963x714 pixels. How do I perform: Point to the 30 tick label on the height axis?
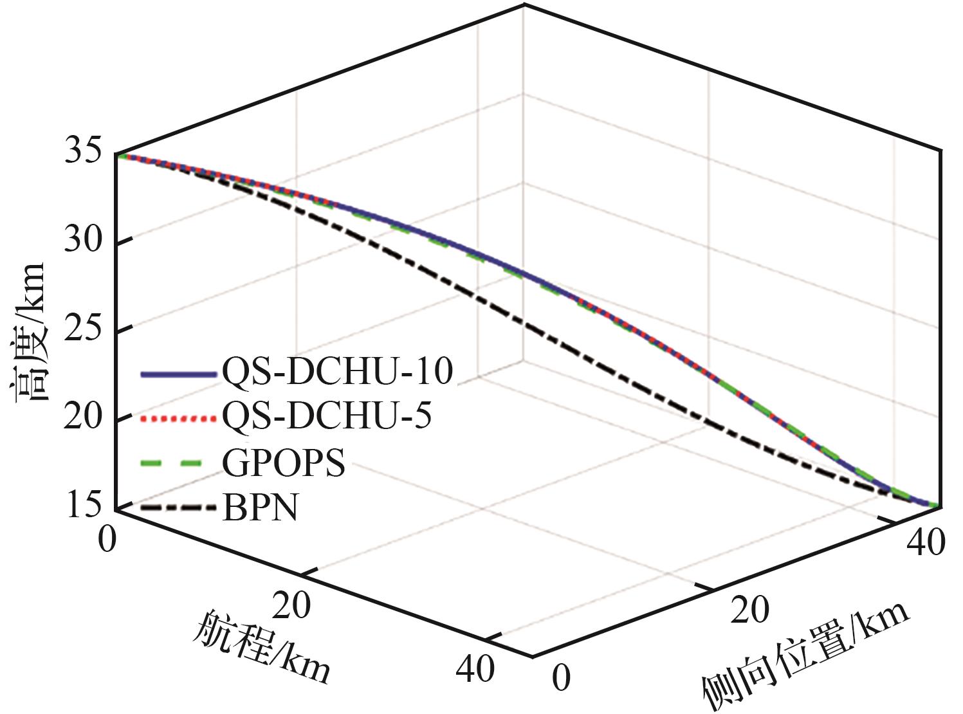pyautogui.click(x=84, y=243)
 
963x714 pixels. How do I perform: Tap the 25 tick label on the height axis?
pyautogui.click(x=84, y=330)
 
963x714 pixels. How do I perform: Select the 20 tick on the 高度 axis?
pyautogui.click(x=84, y=417)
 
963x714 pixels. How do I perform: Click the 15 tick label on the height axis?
pyautogui.click(x=84, y=505)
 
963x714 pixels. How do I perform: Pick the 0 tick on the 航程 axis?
pyautogui.click(x=108, y=538)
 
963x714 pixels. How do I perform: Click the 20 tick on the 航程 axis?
pyautogui.click(x=291, y=604)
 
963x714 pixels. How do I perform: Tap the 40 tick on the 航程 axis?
pyautogui.click(x=475, y=669)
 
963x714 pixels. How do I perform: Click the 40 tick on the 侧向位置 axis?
pyautogui.click(x=926, y=542)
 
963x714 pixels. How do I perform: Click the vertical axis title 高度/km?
pyautogui.click(x=29, y=331)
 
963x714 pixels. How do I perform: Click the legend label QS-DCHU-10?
pyautogui.click(x=338, y=372)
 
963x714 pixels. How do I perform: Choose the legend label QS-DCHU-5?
pyautogui.click(x=327, y=416)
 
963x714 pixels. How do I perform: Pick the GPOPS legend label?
pyautogui.click(x=284, y=462)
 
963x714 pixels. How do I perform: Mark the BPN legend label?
pyautogui.click(x=261, y=508)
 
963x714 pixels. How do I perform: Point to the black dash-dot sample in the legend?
pyautogui.click(x=177, y=508)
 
